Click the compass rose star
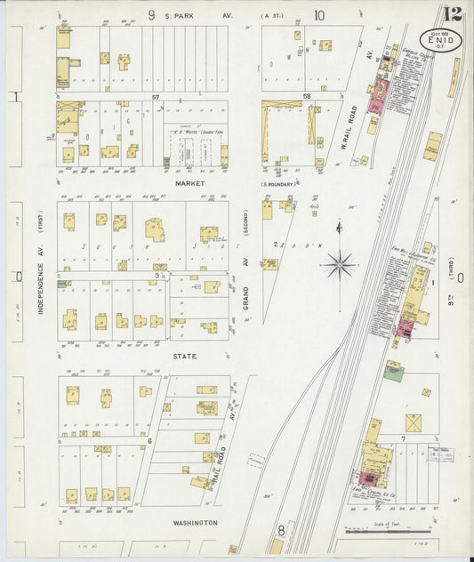[341, 263]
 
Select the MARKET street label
[190, 183]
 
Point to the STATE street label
[186, 356]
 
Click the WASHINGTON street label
[189, 523]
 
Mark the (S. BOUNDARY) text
[277, 184]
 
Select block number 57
[155, 96]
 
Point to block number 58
[306, 96]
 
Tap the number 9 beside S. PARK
[151, 14]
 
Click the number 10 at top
[318, 14]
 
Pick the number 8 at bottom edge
[282, 531]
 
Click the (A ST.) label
[269, 15]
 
